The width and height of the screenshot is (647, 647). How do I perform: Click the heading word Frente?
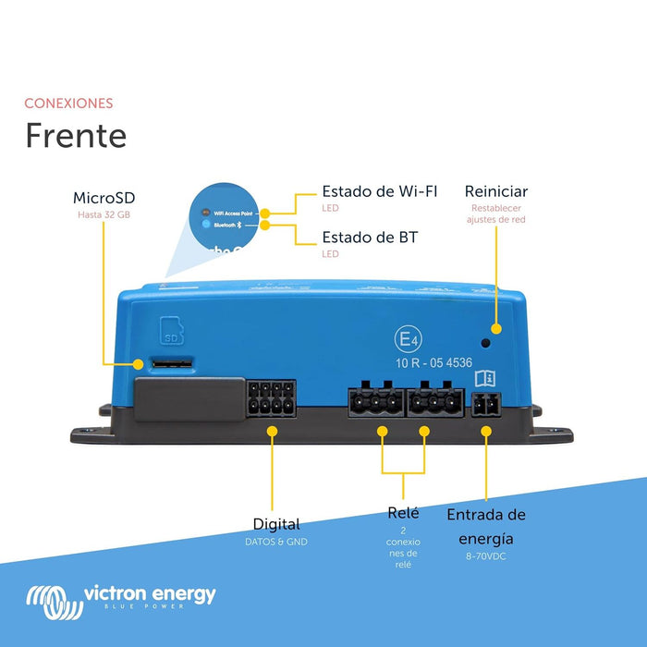76,135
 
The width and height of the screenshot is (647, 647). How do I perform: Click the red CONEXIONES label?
68,104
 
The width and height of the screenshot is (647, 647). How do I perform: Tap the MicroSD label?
104,198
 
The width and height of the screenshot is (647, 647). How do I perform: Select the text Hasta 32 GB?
104,215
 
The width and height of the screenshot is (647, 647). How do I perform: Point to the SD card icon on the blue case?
171,329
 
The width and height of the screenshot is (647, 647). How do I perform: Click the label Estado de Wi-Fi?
379,192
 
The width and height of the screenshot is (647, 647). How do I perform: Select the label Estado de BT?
370,238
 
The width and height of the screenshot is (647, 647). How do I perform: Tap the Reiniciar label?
496,191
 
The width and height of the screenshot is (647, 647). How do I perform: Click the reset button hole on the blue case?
497,329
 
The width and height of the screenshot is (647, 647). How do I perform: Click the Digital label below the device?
276,524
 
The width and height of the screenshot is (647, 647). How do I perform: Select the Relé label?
403,513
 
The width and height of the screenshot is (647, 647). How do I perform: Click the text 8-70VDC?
486,557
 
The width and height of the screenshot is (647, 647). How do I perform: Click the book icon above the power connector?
485,379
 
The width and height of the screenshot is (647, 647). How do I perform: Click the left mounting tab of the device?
89,432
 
